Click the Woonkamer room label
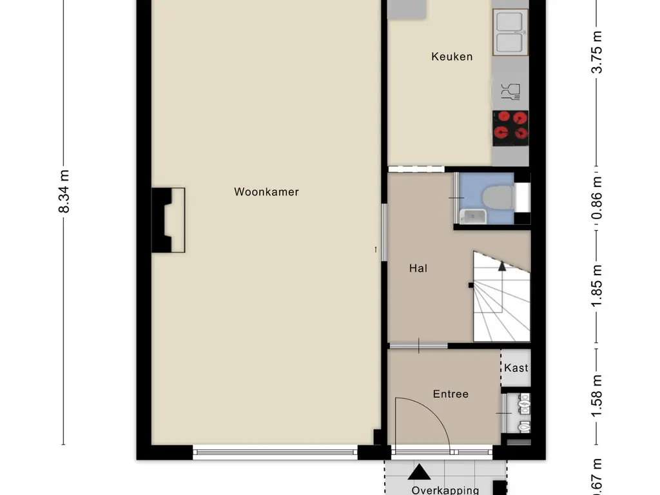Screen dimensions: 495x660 click(x=266, y=191)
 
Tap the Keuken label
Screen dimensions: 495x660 click(x=452, y=57)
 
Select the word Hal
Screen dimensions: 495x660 click(x=418, y=268)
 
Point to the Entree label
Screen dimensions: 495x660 click(x=451, y=394)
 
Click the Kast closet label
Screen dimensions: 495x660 click(x=516, y=368)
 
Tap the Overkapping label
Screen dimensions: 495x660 click(x=445, y=490)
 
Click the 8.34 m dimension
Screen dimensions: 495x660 click(x=64, y=191)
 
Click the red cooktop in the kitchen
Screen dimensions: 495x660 click(x=510, y=126)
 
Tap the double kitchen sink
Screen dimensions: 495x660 click(x=510, y=32)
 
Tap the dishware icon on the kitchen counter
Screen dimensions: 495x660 click(x=510, y=92)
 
